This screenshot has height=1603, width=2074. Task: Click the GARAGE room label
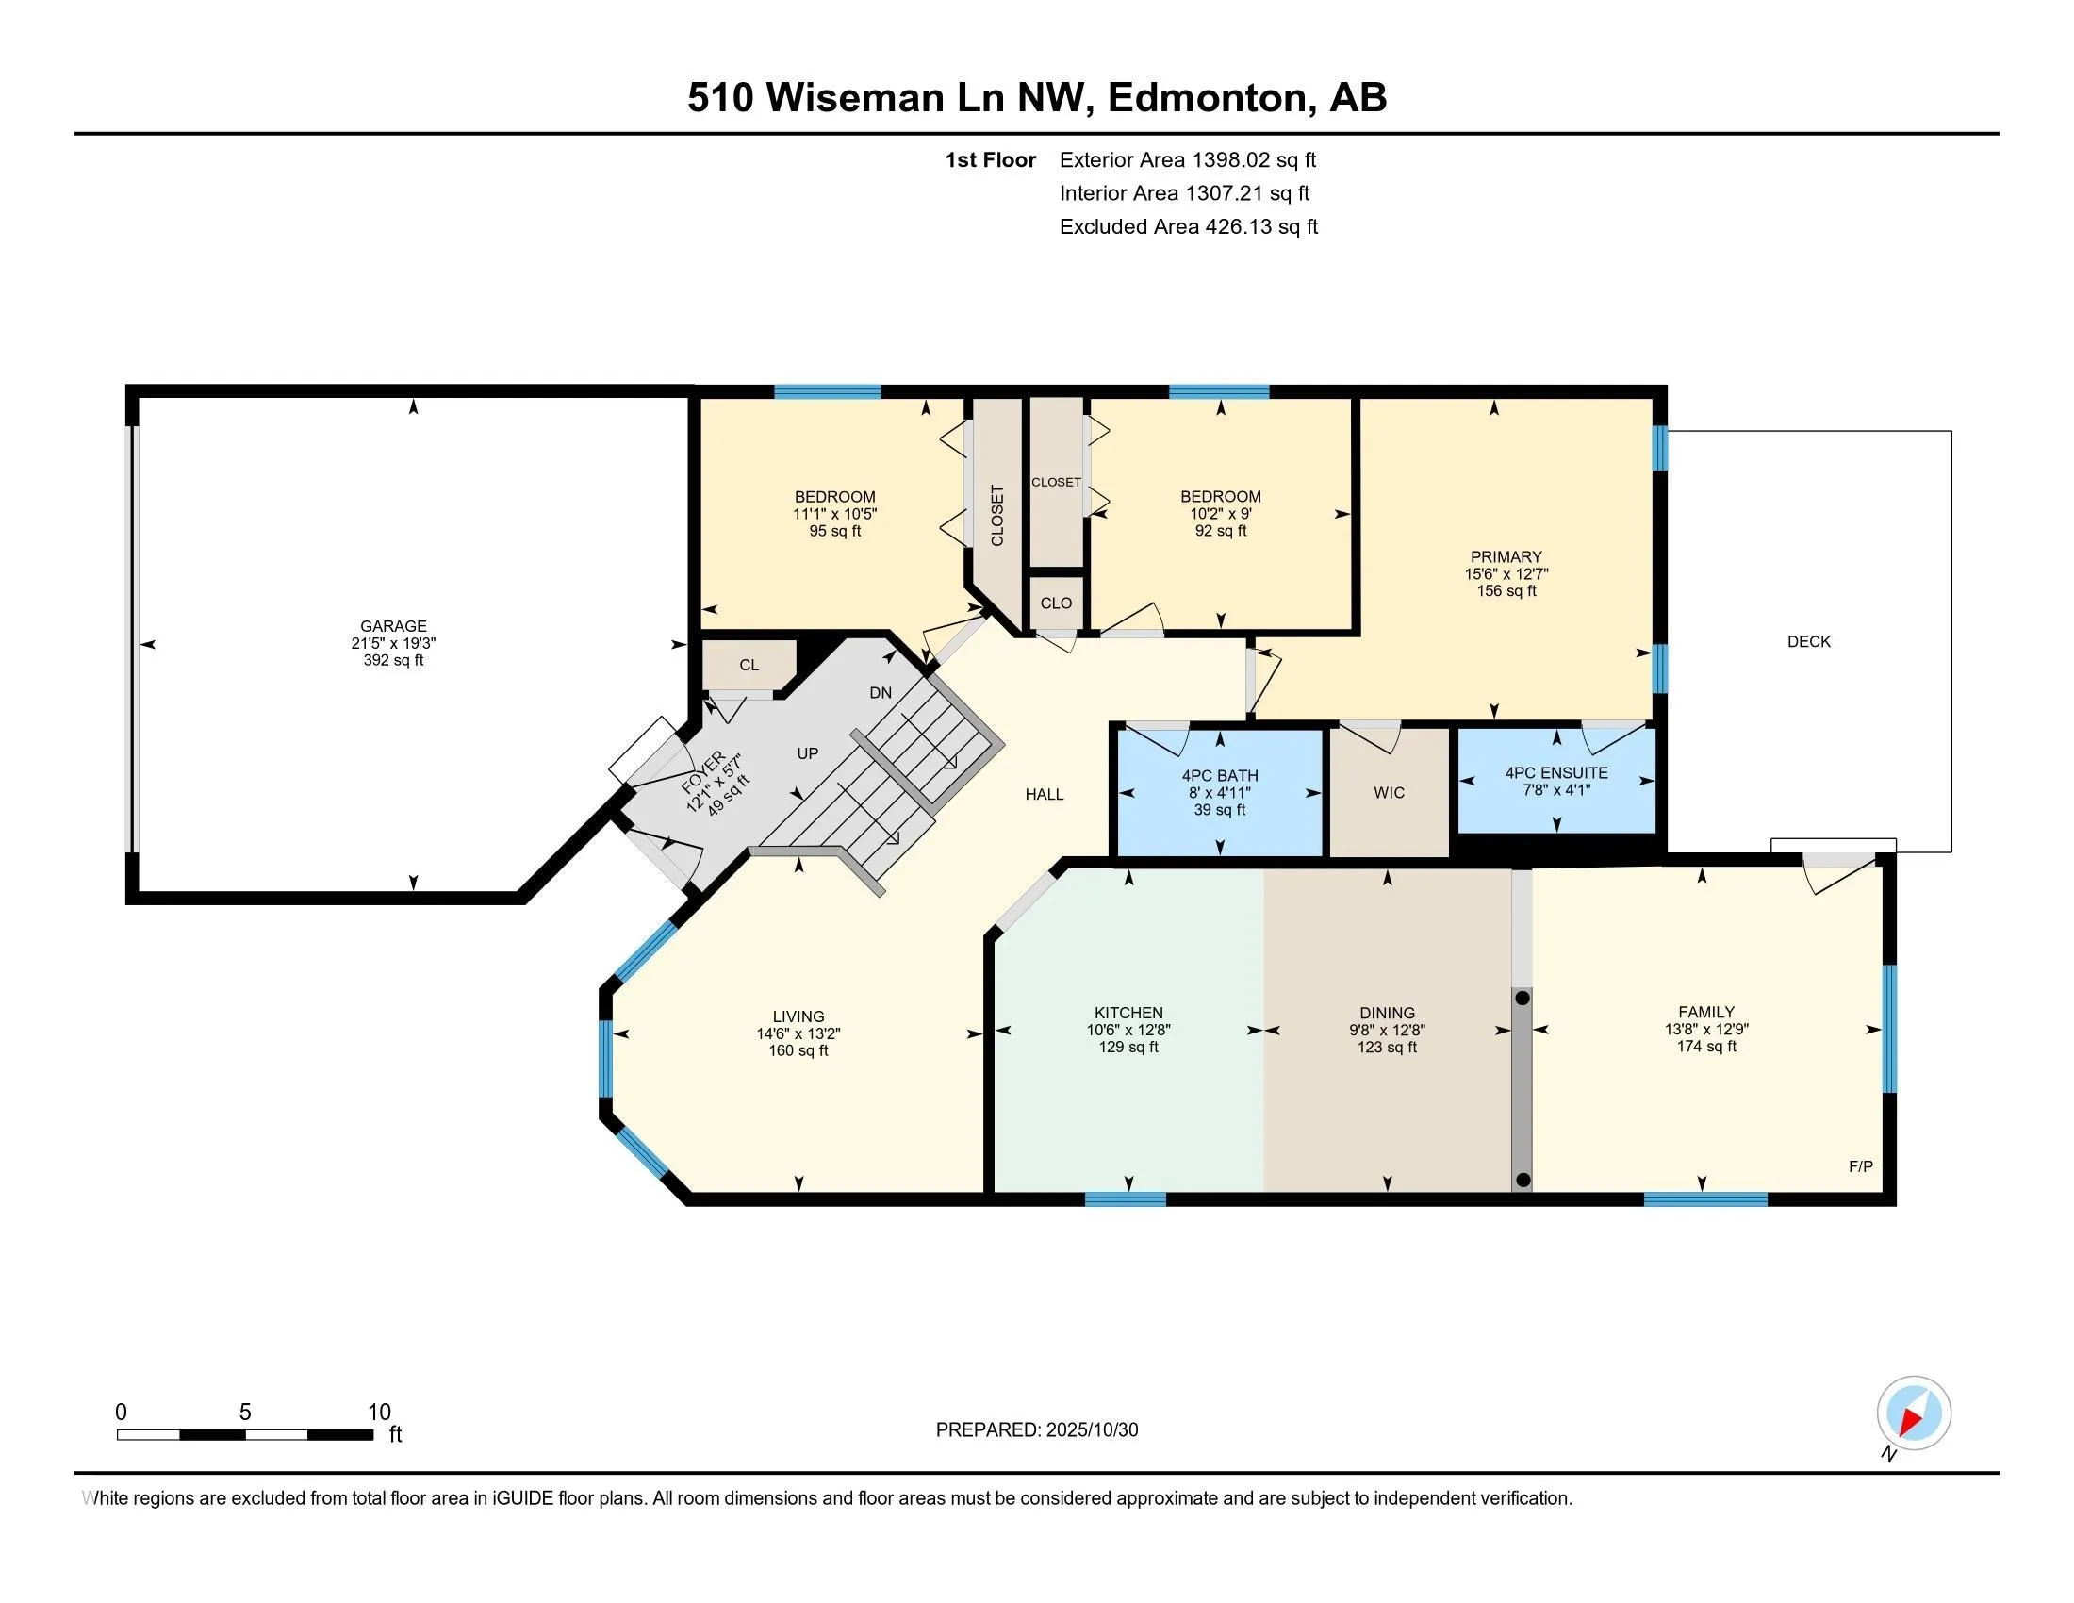[x=393, y=626]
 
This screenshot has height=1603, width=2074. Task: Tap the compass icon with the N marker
[x=1913, y=1413]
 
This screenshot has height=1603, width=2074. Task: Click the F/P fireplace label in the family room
[x=1860, y=1166]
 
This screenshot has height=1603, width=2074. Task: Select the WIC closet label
[x=1389, y=792]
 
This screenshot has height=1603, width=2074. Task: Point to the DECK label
[x=1808, y=641]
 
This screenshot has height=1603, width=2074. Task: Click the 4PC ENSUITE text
[x=1555, y=773]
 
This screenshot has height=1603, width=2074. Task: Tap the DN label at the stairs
[x=881, y=692]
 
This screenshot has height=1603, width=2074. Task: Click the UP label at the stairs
[x=807, y=753]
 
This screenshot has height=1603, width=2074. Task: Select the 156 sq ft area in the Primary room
[x=1506, y=590]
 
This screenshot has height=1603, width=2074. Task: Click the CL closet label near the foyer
[x=749, y=665]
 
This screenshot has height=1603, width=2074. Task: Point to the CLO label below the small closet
[x=1056, y=603]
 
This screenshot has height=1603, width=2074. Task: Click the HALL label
[x=1044, y=794]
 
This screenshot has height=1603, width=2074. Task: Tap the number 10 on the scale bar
[x=379, y=1412]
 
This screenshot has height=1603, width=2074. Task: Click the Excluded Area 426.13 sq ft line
[x=1188, y=226]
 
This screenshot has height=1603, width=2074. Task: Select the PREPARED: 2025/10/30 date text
[x=1036, y=1429]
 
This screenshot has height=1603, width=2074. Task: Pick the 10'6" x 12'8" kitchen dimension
[x=1128, y=1030]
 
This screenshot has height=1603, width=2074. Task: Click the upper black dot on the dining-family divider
[x=1523, y=998]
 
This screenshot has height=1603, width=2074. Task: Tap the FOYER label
[x=703, y=772]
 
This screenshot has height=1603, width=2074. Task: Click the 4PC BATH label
[x=1219, y=776]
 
